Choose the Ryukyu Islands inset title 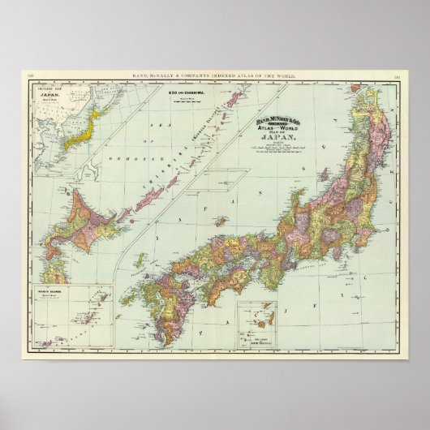pos(48,288)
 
